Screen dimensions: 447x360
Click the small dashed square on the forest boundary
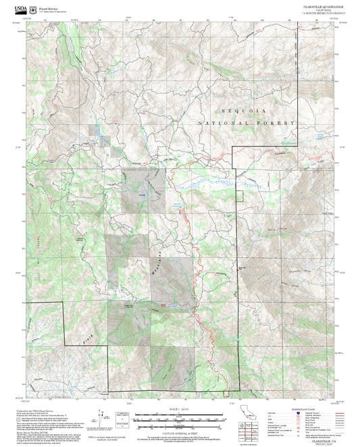pos(238,196)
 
